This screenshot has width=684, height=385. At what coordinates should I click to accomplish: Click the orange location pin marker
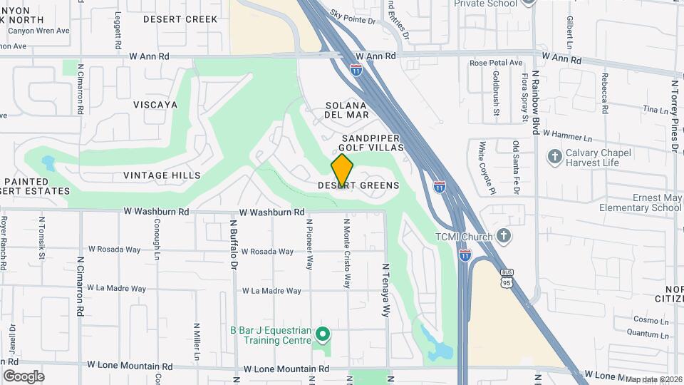click(x=342, y=170)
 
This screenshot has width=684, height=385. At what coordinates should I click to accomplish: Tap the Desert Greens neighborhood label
click(x=358, y=185)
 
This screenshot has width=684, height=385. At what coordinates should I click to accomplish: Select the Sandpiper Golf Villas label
click(x=372, y=143)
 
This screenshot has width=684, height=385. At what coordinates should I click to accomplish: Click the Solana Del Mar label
click(x=347, y=110)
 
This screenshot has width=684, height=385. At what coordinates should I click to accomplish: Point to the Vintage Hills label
click(x=162, y=175)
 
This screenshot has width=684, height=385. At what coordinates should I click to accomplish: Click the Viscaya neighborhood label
click(x=155, y=105)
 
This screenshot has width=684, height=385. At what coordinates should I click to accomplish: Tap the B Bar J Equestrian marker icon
click(x=323, y=334)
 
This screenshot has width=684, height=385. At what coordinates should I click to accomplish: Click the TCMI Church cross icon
click(x=503, y=235)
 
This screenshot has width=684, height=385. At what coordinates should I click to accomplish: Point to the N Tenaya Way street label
click(x=387, y=290)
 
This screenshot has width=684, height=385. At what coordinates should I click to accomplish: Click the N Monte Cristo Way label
click(x=348, y=253)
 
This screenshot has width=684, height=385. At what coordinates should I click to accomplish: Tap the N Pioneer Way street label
click(x=309, y=244)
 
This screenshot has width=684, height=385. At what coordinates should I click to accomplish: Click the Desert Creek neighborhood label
click(x=180, y=19)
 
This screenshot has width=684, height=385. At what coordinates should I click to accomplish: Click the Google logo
click(x=24, y=376)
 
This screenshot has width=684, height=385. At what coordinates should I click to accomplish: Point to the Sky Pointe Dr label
click(x=353, y=17)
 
